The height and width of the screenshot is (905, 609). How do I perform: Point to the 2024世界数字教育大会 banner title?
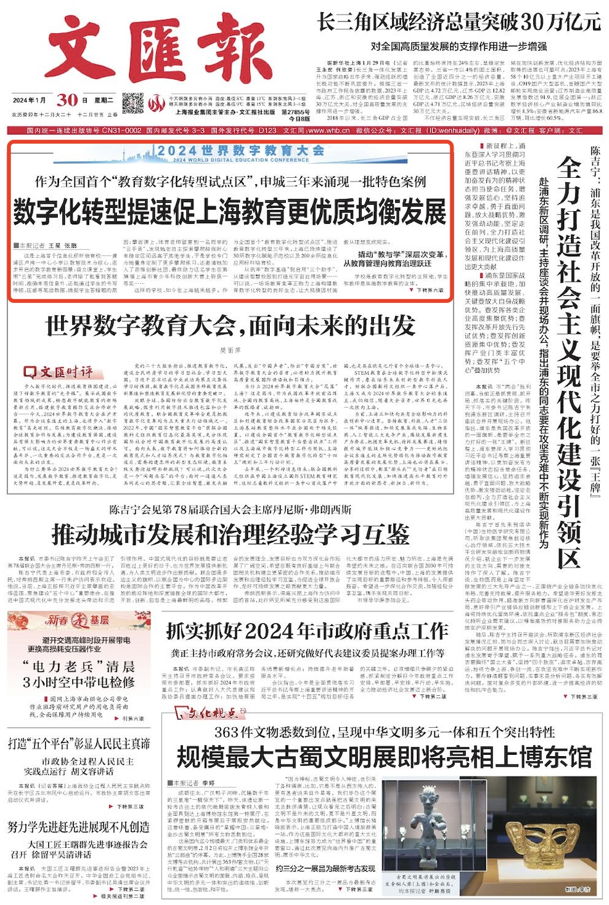(240, 151)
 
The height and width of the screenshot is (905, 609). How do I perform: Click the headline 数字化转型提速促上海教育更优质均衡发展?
(229, 211)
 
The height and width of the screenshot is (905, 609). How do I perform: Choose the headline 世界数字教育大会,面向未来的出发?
(230, 325)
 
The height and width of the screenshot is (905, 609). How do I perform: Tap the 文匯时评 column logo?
(58, 372)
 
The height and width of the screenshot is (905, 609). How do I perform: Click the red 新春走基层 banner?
(77, 620)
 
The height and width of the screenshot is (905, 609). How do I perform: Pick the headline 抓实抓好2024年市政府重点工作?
(307, 632)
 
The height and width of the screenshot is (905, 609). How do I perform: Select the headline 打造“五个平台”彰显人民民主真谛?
(78, 743)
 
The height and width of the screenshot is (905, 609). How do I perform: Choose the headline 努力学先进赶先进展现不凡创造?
(78, 827)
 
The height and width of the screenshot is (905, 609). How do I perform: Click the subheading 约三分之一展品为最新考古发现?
(325, 868)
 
